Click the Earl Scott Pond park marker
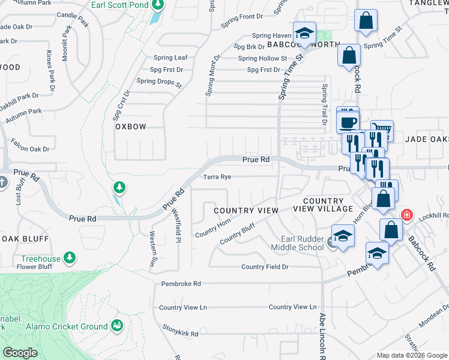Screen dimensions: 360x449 coord(158,6)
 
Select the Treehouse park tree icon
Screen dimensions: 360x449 coord(70,258)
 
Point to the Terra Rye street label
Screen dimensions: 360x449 coord(217,177)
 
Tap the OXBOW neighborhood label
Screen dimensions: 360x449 coord(131,127)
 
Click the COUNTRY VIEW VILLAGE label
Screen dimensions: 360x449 coord(323,205)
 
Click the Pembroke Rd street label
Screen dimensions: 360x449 coord(181,283)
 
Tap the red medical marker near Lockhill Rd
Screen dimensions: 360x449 coord(407,214)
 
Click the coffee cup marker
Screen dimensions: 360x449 coord(348,122)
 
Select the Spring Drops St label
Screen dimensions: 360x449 coord(159,82)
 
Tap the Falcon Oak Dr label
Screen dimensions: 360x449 coord(30,144)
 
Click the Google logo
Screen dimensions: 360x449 coord(20,353)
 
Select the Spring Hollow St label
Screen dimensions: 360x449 coord(262,58)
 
